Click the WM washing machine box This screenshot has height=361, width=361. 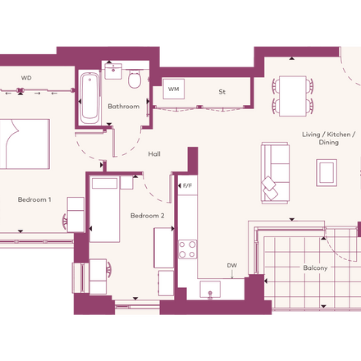coord(174,89)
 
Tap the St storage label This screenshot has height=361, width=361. coord(222,92)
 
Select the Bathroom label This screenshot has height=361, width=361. coord(124,106)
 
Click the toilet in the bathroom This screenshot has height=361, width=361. coord(135,79)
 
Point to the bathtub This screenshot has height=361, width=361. coord(90,98)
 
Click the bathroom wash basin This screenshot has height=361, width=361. coord(113,71)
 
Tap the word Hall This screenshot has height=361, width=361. coord(154,154)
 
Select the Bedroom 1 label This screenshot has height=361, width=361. coord(34,199)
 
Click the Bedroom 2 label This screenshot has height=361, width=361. coord(148,216)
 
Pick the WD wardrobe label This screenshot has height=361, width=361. coord(26,78)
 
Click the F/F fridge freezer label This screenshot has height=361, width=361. coord(187,186)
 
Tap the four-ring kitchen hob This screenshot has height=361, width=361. coord(187,249)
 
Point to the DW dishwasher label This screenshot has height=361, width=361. coord(232,266)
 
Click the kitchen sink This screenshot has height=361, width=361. coord(210,290)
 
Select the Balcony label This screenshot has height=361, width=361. coord(315,267)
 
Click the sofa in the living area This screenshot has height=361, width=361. coord(275,173)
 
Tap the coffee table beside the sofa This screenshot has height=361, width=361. coord(327,173)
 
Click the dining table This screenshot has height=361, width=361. coord(293,96)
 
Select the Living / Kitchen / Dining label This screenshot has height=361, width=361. coord(328,138)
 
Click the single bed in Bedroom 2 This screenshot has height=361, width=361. coord(105,209)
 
